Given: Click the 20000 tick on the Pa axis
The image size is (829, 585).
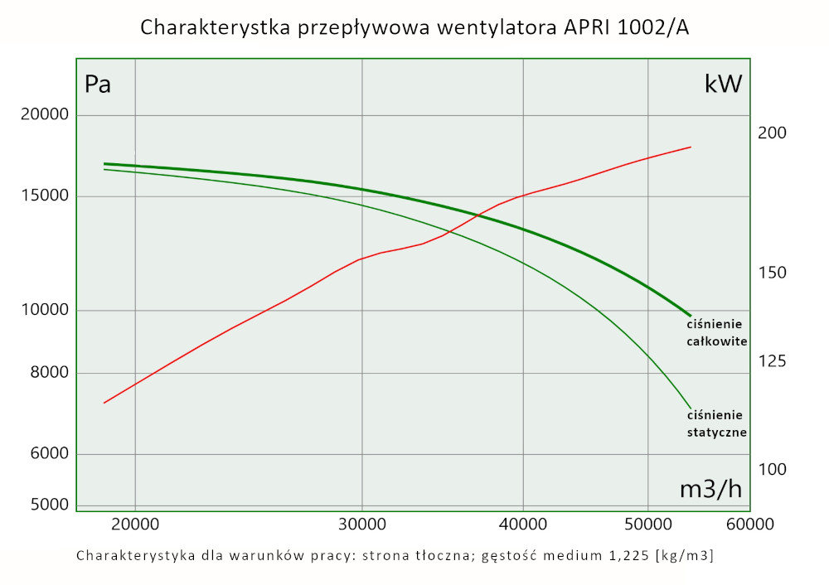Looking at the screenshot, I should click(46, 115).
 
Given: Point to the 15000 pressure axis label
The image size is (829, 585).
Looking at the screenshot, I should click(46, 196).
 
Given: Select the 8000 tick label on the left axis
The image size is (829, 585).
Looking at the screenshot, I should click(49, 373).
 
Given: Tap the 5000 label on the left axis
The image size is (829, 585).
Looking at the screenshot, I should click(49, 505).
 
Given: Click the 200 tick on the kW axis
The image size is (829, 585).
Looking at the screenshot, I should click(773, 133).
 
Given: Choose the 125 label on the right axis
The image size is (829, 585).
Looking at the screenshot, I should click(773, 361).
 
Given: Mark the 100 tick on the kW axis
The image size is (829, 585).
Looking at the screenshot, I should click(773, 469).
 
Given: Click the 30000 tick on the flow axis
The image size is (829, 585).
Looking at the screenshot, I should click(362, 525).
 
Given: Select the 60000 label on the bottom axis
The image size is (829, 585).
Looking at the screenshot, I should click(750, 525).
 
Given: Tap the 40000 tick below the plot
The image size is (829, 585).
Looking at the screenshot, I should click(523, 525).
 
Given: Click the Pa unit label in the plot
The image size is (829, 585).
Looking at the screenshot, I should click(98, 85).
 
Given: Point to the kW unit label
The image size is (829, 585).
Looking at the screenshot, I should click(723, 84).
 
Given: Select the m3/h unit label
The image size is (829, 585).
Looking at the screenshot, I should click(710, 490).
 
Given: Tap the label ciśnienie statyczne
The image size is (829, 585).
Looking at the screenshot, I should click(717, 423).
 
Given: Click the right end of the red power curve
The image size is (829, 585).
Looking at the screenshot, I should click(691, 147).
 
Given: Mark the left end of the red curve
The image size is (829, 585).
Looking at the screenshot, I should click(104, 403).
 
